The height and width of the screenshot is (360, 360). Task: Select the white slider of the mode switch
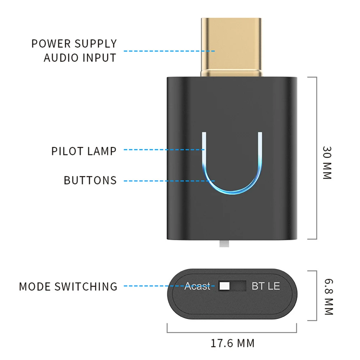tap(224, 286)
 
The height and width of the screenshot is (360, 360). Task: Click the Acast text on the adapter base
tap(197, 286)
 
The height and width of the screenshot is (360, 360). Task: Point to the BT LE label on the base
tap(265, 286)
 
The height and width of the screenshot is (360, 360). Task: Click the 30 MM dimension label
tap(327, 163)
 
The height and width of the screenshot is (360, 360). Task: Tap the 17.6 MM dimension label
tap(232, 343)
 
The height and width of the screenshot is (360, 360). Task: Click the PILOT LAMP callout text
tap(84, 151)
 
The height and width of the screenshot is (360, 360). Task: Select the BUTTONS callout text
tap(90, 180)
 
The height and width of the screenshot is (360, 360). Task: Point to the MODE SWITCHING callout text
tap(68, 287)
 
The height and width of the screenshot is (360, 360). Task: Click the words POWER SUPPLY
tap(74, 44)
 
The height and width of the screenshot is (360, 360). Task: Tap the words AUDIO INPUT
tap(80, 58)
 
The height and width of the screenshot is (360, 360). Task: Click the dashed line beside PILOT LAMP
tap(164, 150)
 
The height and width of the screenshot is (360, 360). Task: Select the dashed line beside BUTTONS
tap(169, 181)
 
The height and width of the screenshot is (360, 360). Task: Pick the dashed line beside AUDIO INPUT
tap(169, 51)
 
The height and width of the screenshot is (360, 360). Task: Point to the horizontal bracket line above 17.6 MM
tap(232, 332)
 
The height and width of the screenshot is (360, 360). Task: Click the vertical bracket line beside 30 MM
tap(316, 158)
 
